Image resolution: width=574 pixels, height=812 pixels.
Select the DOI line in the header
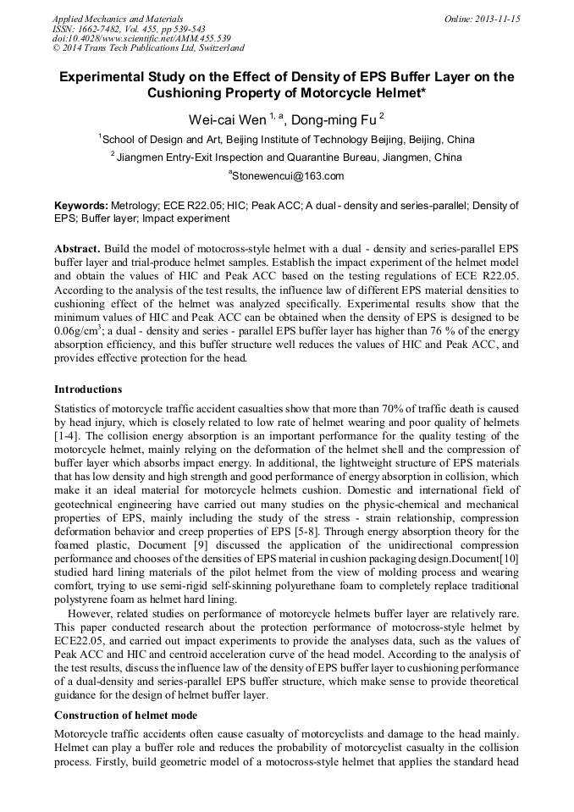tap(141, 39)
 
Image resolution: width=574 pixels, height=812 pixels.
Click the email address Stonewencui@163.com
tap(288, 176)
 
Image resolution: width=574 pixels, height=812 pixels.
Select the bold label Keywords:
tap(81, 206)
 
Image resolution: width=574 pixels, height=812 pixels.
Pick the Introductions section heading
tap(88, 389)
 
